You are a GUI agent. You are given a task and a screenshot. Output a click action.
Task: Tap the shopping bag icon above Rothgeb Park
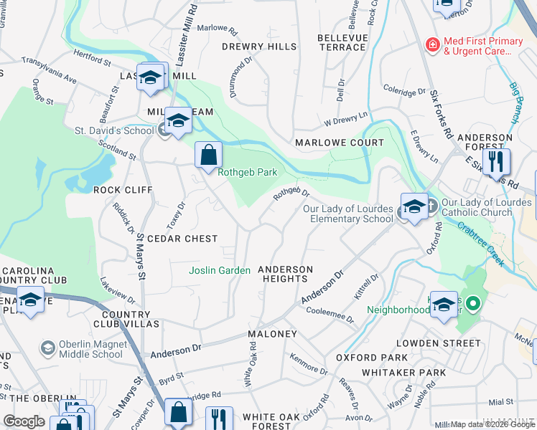(208, 155)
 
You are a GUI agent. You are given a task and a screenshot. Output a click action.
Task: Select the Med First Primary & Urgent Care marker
(433, 46)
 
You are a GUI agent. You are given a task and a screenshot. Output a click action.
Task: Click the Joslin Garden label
(219, 270)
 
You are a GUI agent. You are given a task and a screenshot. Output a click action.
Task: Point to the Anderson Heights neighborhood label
(286, 274)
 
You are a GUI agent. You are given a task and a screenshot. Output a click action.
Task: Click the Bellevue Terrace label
(342, 42)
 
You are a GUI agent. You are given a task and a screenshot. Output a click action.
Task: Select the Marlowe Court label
(340, 143)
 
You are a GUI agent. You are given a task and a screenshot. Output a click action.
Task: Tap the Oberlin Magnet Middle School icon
(47, 348)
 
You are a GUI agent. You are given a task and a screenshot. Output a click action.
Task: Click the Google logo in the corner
(24, 421)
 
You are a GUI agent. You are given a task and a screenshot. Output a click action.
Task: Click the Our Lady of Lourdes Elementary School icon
(414, 207)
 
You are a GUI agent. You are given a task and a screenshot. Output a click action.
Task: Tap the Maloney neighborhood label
(272, 335)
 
